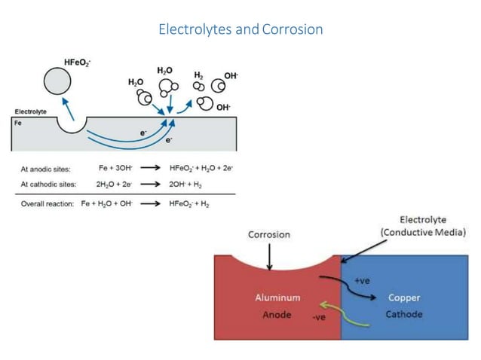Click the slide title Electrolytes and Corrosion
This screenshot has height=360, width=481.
pyautogui.click(x=240, y=29)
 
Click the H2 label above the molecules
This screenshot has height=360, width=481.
pyautogui.click(x=199, y=75)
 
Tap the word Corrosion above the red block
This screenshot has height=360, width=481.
pyautogui.click(x=269, y=235)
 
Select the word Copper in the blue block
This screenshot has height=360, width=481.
pyautogui.click(x=404, y=298)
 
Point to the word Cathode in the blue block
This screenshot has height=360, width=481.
pyautogui.click(x=404, y=314)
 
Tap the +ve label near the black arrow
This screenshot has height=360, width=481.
pyautogui.click(x=363, y=280)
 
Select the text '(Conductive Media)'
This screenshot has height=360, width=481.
pyautogui.click(x=423, y=233)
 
